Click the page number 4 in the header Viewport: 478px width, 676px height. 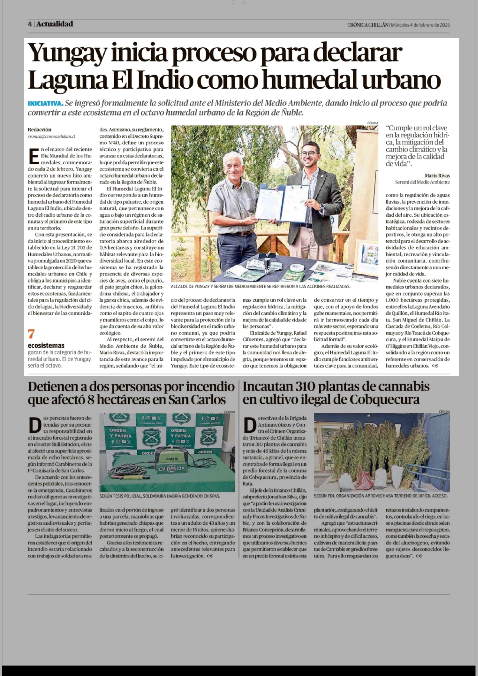click(x=30, y=24)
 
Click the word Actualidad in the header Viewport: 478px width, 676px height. click(x=55, y=24)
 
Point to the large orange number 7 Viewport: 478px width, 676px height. click(x=31, y=334)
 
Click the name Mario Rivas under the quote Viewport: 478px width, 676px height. click(x=437, y=176)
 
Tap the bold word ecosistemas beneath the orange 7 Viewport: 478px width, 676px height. click(x=46, y=345)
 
